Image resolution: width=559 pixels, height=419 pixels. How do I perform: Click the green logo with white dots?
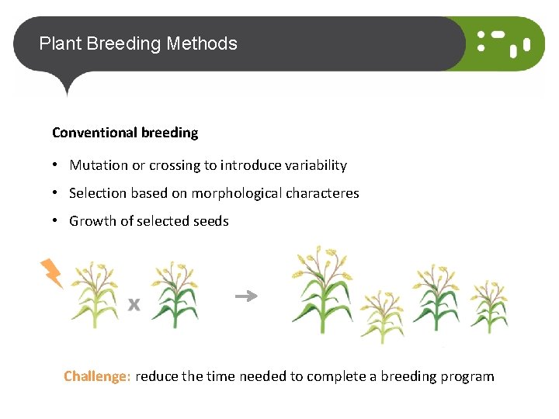pyautogui.click(x=504, y=44)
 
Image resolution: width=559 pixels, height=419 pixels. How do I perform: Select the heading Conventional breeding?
pyautogui.click(x=125, y=133)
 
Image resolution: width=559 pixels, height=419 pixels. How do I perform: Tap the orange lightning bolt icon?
pyautogui.click(x=51, y=273)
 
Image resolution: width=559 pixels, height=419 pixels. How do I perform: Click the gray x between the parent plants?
pyautogui.click(x=134, y=304)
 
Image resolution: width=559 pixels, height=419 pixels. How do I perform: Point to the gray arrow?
pyautogui.click(x=246, y=296)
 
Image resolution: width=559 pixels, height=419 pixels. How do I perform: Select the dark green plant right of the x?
pyautogui.click(x=175, y=295)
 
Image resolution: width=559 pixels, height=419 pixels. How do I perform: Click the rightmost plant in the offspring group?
pyautogui.click(x=490, y=307)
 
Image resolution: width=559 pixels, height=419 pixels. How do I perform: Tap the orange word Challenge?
pyautogui.click(x=97, y=376)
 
